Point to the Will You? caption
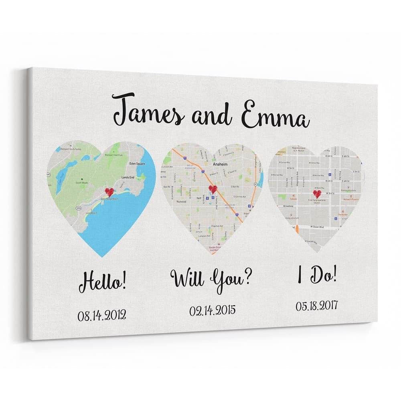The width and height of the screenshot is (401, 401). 212,277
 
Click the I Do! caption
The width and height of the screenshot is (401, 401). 317,276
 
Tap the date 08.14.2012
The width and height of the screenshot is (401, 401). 102,315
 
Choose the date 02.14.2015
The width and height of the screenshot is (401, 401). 212,310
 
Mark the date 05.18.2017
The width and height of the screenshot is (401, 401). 317,306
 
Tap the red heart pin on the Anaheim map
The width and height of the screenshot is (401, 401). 213,189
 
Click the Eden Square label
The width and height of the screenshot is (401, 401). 137,164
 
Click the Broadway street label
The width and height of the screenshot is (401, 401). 289,206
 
